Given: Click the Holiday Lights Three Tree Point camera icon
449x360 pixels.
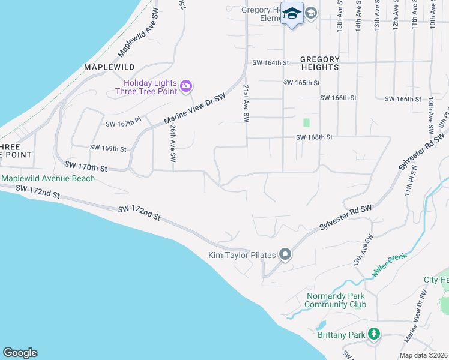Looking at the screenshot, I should (186, 86).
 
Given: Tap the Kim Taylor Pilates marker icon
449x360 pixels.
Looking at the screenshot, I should (285, 255).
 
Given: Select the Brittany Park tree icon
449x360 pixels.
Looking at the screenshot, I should (374, 334).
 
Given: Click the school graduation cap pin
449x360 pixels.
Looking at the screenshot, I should (292, 14).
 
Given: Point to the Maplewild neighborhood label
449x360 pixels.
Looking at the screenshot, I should (109, 67).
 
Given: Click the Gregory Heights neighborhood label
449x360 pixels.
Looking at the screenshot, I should (320, 63).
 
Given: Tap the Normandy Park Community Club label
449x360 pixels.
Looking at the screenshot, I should (335, 300).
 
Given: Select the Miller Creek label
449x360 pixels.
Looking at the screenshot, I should (390, 264).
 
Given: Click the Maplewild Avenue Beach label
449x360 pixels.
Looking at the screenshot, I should (48, 178).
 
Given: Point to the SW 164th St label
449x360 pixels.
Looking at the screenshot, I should (271, 62).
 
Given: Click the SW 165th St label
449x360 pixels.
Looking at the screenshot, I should (301, 83).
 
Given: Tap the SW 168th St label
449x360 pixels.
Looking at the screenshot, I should (314, 137).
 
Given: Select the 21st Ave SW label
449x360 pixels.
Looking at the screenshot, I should (246, 104).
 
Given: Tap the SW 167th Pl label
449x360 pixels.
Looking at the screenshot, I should (123, 123).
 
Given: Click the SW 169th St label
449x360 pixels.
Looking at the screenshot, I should (108, 148).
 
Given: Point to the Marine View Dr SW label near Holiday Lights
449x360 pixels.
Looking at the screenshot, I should (196, 109).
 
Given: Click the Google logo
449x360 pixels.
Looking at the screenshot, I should (20, 353).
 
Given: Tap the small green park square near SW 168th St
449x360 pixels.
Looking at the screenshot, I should (306, 122).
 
